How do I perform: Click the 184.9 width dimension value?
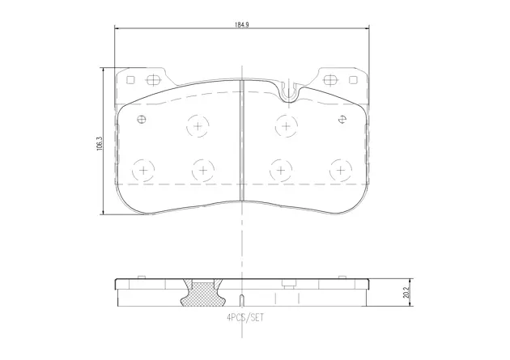pyautogui.click(x=241, y=24)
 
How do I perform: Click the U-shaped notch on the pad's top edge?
pyautogui.click(x=289, y=92)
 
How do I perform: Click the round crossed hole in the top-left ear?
pyautogui.click(x=153, y=80)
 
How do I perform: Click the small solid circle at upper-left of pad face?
pyautogui.click(x=142, y=121)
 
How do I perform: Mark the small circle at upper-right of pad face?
pyautogui.click(x=343, y=121)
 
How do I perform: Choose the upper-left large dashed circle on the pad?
pyautogui.click(x=198, y=125)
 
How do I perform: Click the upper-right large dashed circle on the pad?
pyautogui.click(x=285, y=125)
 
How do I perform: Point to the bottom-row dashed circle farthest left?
pyautogui.click(x=143, y=170)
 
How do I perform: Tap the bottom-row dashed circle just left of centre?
pyautogui.click(x=202, y=170)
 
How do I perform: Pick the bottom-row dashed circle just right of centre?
pyautogui.click(x=280, y=170)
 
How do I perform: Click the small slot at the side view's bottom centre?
pyautogui.click(x=243, y=299)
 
